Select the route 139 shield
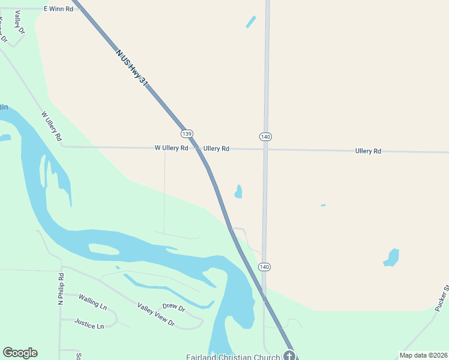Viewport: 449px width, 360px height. [187, 133]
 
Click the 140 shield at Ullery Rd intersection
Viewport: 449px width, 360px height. [266, 137]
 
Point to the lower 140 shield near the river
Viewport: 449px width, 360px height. [265, 266]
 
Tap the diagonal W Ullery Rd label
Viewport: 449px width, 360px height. [52, 126]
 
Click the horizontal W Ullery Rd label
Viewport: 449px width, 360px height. [171, 148]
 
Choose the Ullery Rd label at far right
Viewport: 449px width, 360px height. [368, 151]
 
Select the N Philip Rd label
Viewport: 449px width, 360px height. [61, 289]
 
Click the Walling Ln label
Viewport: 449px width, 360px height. [92, 301]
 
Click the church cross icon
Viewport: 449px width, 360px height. [289, 356]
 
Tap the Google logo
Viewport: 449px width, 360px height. [20, 353]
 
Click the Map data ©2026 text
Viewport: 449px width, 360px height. [423, 355]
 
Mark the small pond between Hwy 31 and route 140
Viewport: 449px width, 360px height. [238, 191]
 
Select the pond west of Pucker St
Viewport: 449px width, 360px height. [392, 257]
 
